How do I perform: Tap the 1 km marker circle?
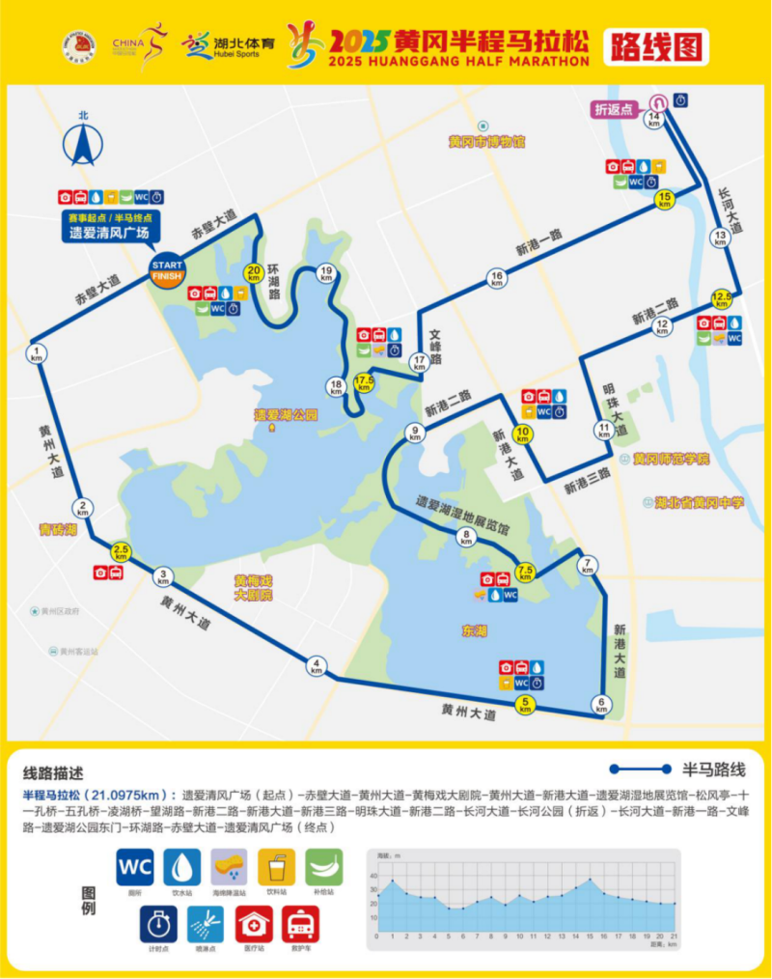pyautogui.click(x=38, y=352)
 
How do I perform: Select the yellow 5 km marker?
pyautogui.click(x=526, y=704)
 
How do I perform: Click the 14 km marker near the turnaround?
pyautogui.click(x=655, y=121)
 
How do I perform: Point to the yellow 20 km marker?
pyautogui.click(x=254, y=273)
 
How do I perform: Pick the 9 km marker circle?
pyautogui.click(x=416, y=434)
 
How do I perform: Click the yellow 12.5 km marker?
pyautogui.click(x=721, y=297)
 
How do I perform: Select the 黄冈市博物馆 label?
pyautogui.click(x=486, y=142)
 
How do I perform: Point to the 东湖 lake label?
pyautogui.click(x=475, y=630)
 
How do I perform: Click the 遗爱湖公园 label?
pyautogui.click(x=286, y=414)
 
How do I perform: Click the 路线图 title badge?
pyautogui.click(x=656, y=45)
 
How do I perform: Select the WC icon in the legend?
pyautogui.click(x=135, y=867)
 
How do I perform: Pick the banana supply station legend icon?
pyautogui.click(x=323, y=867)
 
